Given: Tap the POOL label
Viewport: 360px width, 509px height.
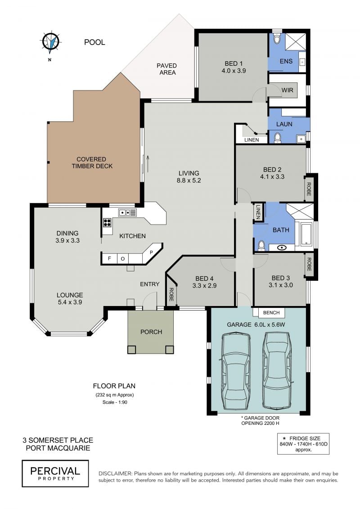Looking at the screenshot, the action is tap(94, 42).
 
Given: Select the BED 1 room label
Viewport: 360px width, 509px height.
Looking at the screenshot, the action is tap(234, 67).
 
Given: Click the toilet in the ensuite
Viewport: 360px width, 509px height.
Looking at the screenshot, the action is tap(277, 38).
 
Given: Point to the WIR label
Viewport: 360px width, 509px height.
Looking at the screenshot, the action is tap(287, 90).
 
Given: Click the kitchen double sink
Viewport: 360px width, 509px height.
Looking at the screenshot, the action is tap(127, 212).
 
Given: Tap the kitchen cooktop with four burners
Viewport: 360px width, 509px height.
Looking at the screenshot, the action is tap(107, 222).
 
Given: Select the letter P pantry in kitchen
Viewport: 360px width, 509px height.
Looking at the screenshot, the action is tap(151, 252).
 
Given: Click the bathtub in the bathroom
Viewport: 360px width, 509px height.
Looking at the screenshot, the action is tap(306, 233).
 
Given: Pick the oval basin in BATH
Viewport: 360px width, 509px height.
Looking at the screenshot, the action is tap(282, 248).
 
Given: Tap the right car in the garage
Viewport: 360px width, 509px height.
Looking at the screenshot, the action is tap(277, 370).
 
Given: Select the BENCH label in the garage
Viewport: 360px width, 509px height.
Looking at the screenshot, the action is tap(271, 313).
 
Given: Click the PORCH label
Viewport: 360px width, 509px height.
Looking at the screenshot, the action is tap(151, 332).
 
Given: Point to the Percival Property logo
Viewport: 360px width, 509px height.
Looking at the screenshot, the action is tap(55, 473).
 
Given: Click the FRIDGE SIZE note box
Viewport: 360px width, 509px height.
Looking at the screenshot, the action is tap(303, 444).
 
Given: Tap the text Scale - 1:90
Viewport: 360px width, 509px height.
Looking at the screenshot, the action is tap(115, 402).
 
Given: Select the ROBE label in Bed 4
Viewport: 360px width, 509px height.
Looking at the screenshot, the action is tap(171, 295).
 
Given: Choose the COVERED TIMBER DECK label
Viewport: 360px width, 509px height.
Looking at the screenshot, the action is tap(92, 162).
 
